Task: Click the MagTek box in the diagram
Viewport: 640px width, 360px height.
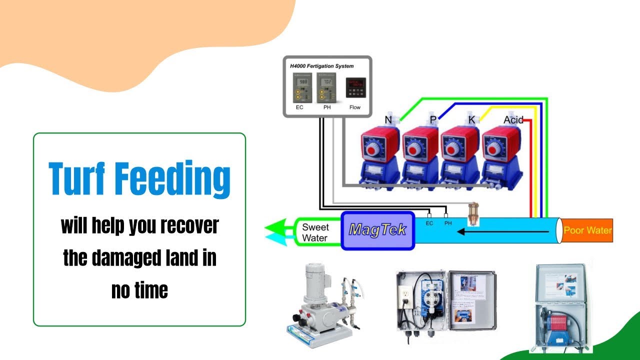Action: click(378, 230)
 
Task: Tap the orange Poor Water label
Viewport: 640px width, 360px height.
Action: click(587, 230)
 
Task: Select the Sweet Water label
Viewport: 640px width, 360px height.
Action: click(315, 233)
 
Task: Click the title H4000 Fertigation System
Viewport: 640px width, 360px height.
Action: click(322, 65)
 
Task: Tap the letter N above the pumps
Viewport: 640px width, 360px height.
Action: click(388, 120)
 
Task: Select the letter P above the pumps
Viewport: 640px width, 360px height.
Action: click(433, 120)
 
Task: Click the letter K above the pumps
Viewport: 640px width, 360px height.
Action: click(471, 120)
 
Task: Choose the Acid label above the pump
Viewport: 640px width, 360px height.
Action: click(513, 120)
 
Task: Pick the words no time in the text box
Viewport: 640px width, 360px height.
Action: click(139, 290)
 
